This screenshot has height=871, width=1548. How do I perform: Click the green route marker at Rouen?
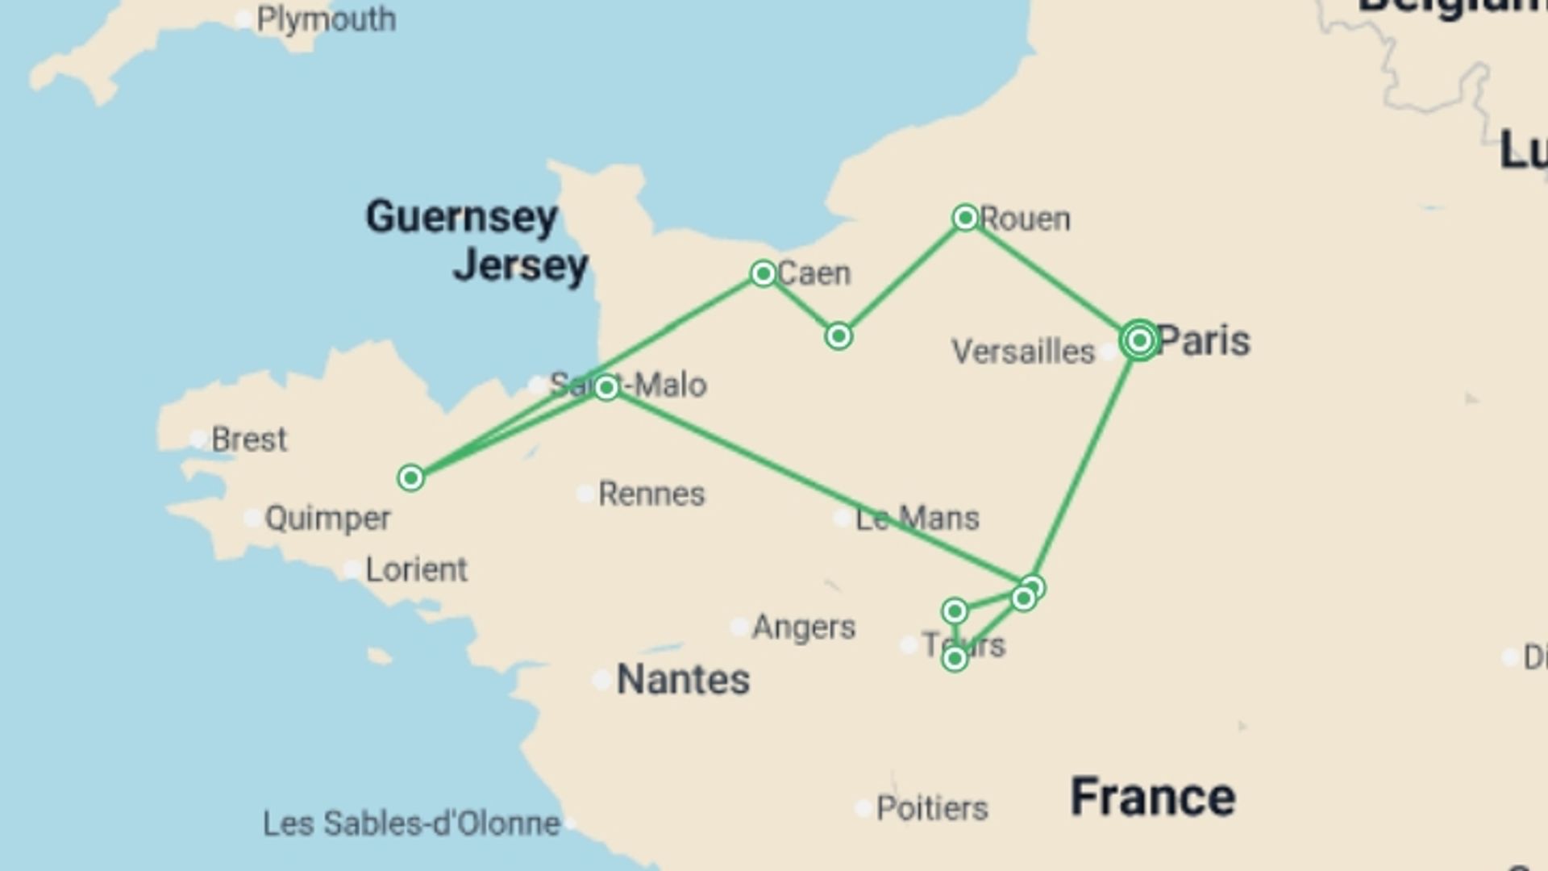pos(965,218)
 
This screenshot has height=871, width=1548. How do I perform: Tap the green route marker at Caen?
pos(763,274)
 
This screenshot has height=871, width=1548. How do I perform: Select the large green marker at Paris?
pos(1139,340)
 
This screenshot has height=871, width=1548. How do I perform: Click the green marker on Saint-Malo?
pos(606,388)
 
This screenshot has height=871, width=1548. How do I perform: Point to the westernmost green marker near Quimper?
pos(410,478)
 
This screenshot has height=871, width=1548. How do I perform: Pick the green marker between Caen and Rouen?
pos(838,335)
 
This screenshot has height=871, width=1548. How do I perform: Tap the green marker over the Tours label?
pos(955,659)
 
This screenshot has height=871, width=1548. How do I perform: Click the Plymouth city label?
pos(326,19)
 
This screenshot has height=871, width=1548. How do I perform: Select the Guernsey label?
pos(461,217)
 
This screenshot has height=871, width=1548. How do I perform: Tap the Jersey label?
pos(521,265)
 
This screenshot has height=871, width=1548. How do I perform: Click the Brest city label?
pos(248,440)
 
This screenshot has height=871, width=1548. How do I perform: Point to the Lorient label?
pos(416,569)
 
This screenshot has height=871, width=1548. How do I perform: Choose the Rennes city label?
pos(651,494)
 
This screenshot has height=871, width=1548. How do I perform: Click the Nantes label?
pos(683,679)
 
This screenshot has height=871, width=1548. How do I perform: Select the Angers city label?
pos(803,627)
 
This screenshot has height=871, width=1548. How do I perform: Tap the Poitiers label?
pos(931,807)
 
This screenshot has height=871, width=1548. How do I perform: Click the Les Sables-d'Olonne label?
pos(411,823)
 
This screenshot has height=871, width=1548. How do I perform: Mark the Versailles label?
pos(1022,352)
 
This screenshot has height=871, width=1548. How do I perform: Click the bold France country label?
pos(1152,797)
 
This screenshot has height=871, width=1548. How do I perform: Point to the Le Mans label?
pos(917,518)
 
